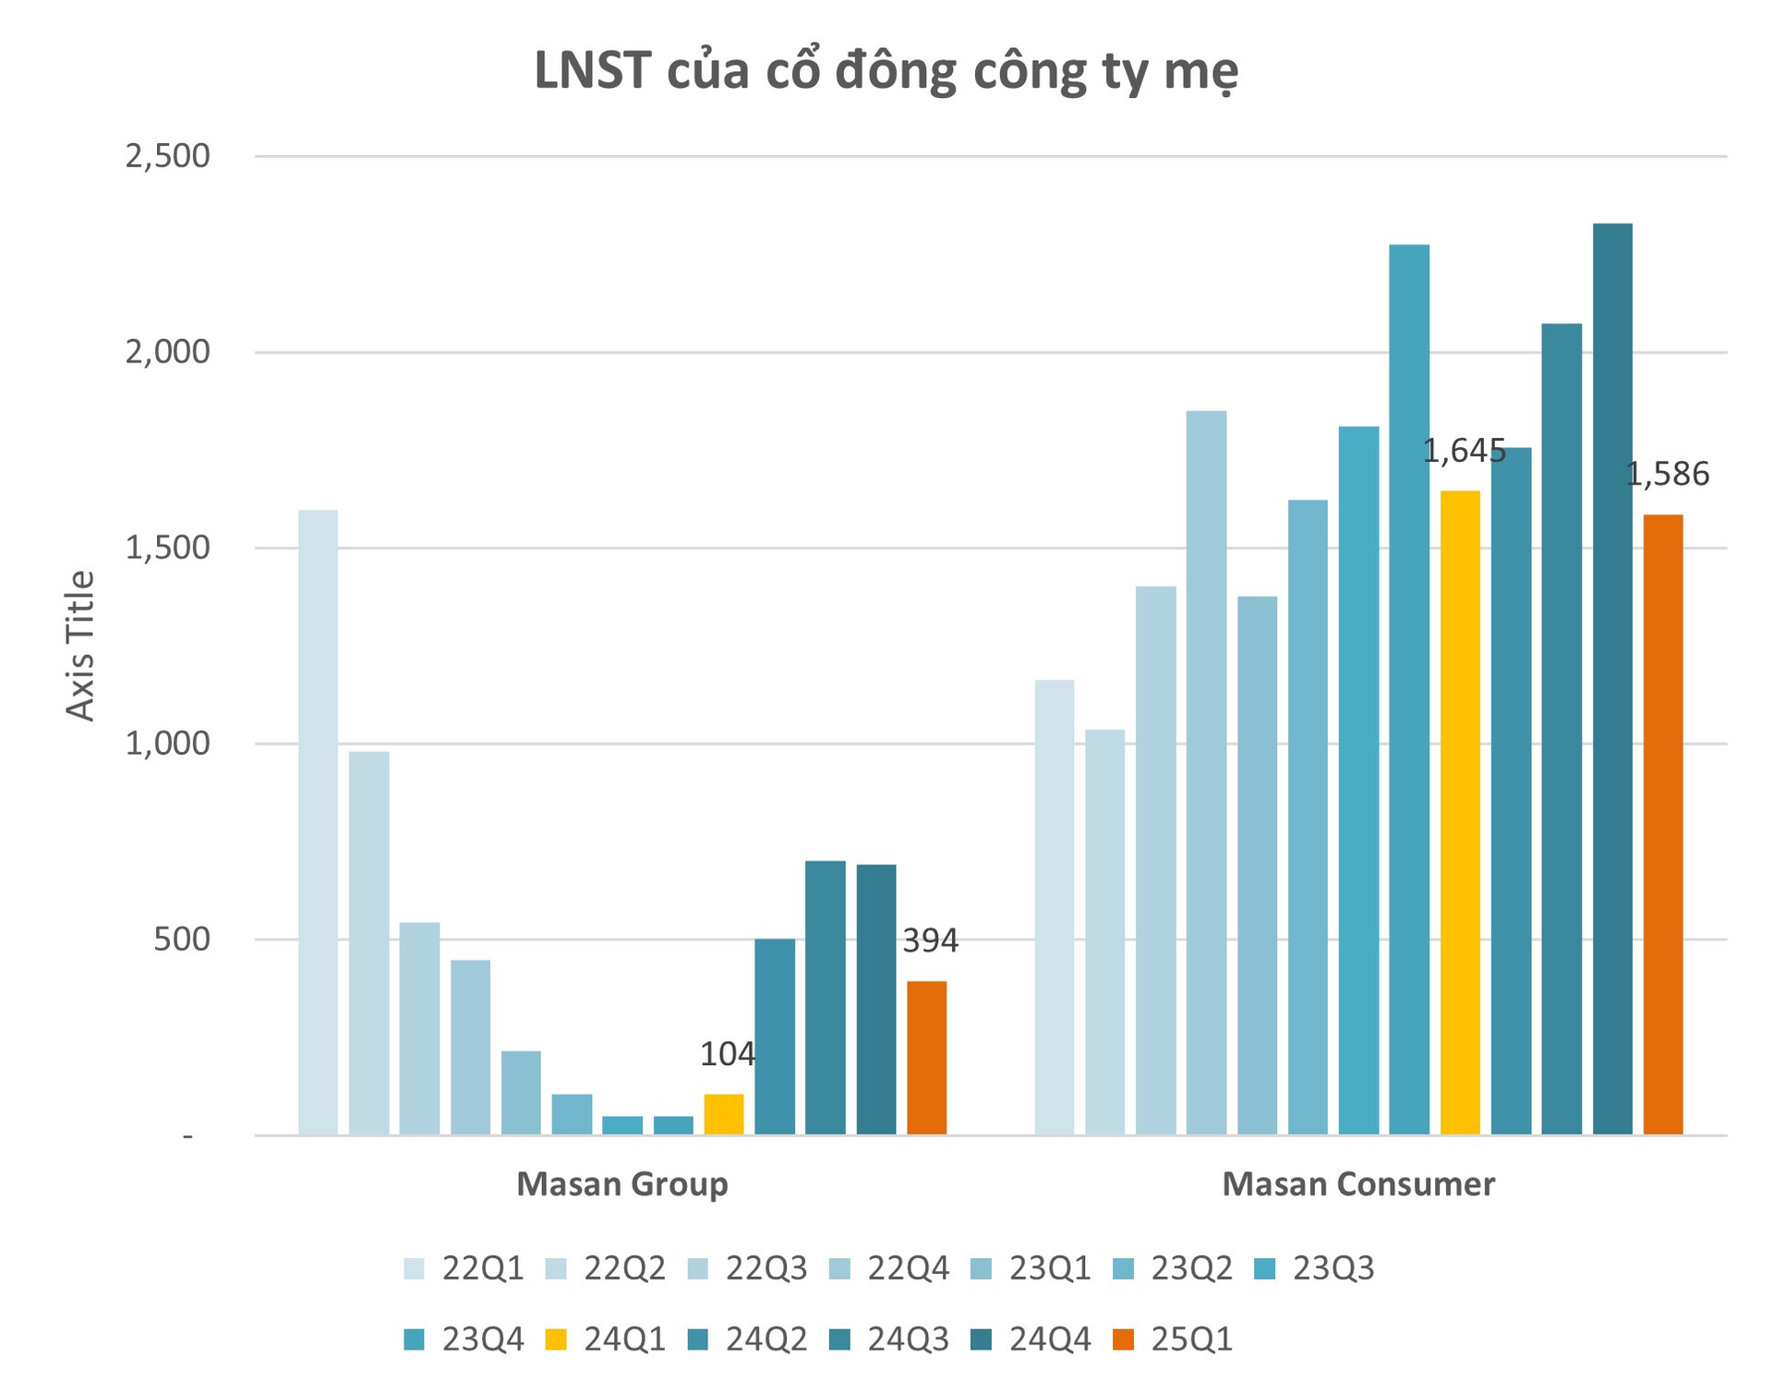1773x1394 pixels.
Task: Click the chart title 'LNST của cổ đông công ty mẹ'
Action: (x=886, y=72)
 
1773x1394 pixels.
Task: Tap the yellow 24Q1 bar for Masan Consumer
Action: (x=1460, y=813)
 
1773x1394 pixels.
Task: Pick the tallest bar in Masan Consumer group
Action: (x=1612, y=679)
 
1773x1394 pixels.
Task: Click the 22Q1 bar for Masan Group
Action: (x=319, y=822)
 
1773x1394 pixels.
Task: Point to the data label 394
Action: (x=930, y=941)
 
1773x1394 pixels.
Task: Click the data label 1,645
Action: (x=1464, y=452)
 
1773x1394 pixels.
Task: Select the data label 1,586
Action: (x=1667, y=475)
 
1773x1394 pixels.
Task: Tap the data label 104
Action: (x=728, y=1054)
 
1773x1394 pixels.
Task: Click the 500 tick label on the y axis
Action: (x=181, y=939)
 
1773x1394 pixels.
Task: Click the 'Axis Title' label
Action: (x=81, y=646)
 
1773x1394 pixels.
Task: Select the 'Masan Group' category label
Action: (x=621, y=1184)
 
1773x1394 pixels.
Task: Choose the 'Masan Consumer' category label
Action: (x=1357, y=1184)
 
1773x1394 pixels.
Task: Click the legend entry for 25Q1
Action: (x=1173, y=1339)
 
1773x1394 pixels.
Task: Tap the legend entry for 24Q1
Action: (x=606, y=1339)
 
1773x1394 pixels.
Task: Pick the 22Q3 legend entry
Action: (x=748, y=1268)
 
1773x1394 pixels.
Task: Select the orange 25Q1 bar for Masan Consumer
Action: (x=1663, y=825)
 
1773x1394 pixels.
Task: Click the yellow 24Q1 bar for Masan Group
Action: (x=724, y=1114)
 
